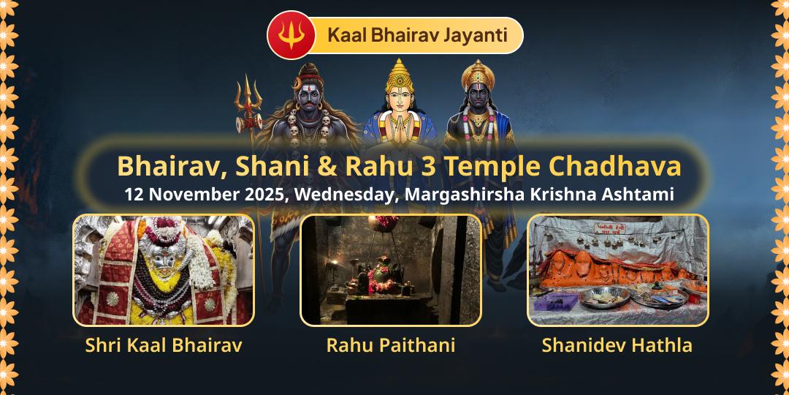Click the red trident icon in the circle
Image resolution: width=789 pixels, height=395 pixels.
coord(291,36)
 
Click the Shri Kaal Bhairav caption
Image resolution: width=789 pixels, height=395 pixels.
coord(164,345)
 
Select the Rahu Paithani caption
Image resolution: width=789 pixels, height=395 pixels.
coord(391,345)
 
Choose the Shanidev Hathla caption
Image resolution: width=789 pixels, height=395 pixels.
coord(617,345)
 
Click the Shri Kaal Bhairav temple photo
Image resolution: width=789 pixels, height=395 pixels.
coord(164,270)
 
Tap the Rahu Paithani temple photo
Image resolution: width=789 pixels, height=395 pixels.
coord(391,270)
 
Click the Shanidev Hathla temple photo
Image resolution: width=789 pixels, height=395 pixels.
coord(618,270)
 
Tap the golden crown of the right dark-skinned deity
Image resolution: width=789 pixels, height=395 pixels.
coord(479,74)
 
